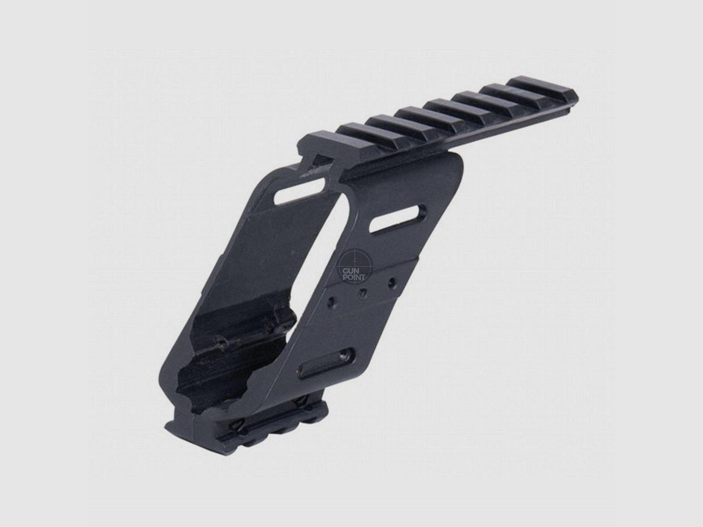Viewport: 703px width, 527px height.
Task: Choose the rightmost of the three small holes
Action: [392, 280]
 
